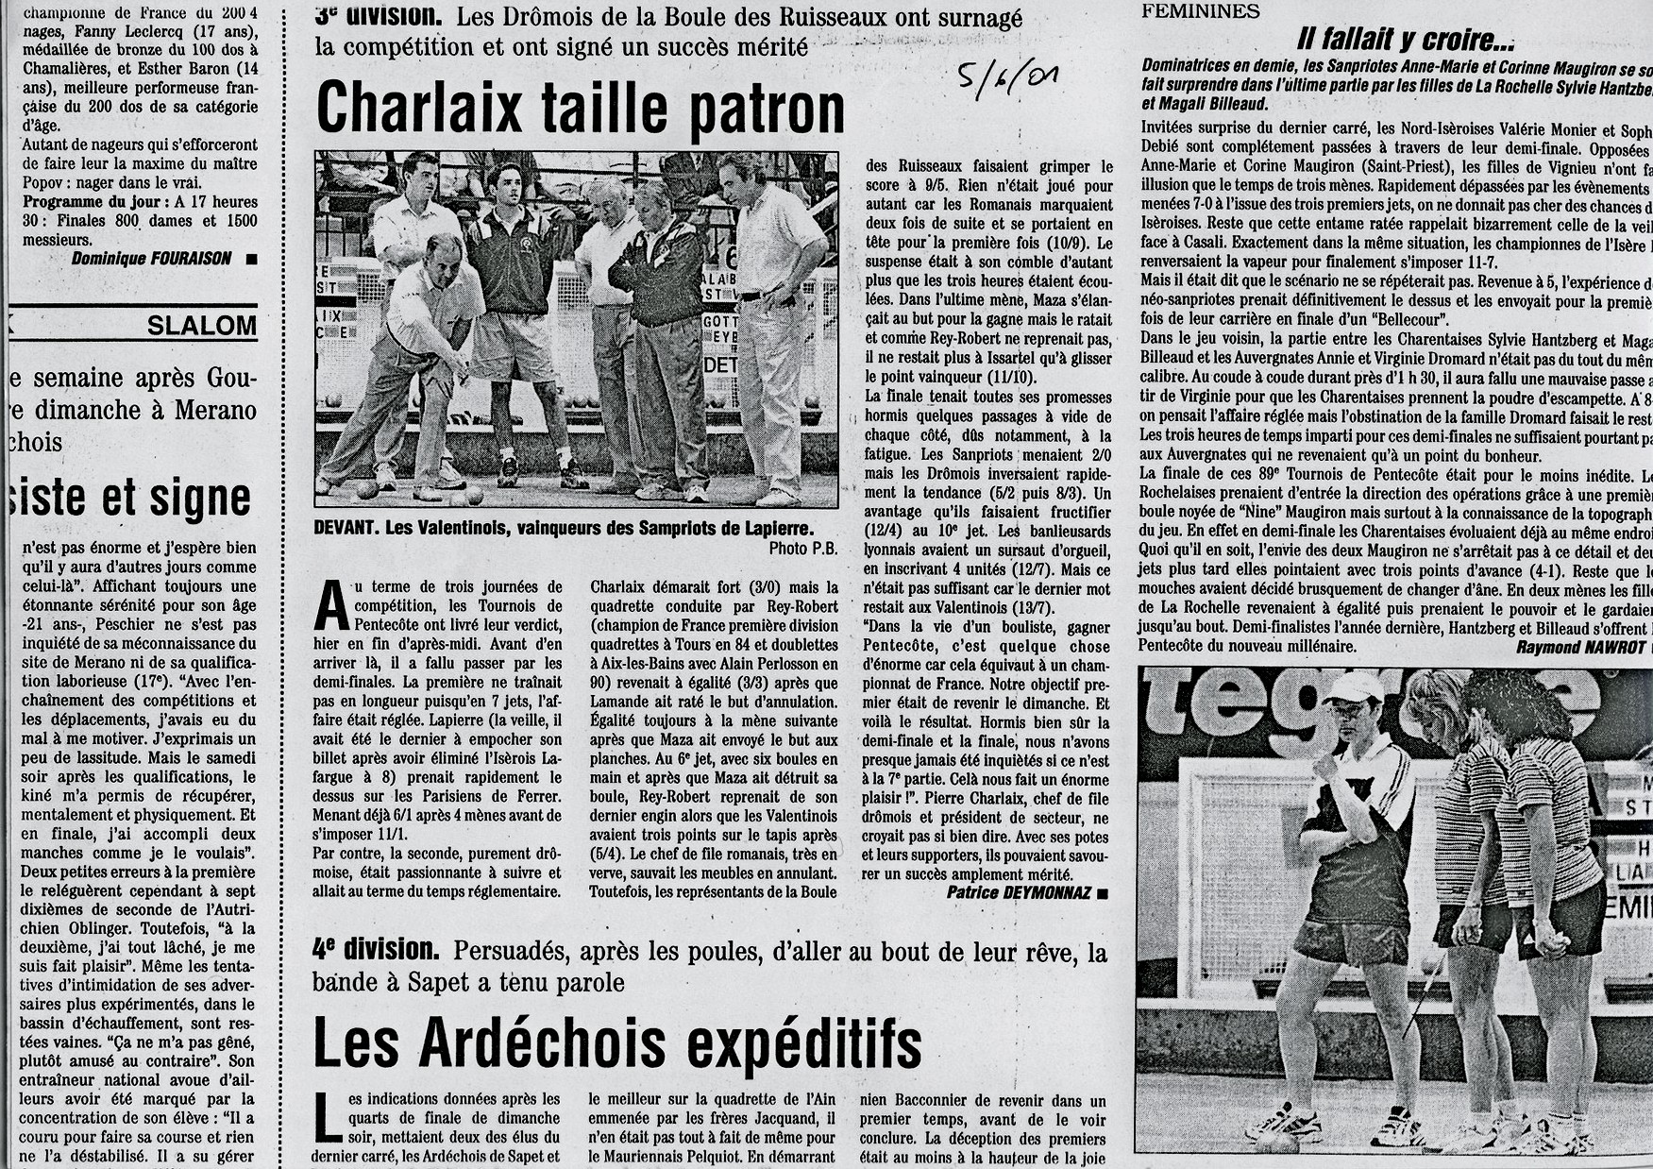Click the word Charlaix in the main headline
point(419,110)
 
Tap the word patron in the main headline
point(765,110)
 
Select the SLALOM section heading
point(201,327)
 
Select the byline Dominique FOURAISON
point(151,259)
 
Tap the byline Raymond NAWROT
point(1576,647)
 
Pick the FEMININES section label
point(1200,11)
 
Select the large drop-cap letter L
point(327,1118)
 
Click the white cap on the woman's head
point(1352,687)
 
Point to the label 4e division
point(375,950)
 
